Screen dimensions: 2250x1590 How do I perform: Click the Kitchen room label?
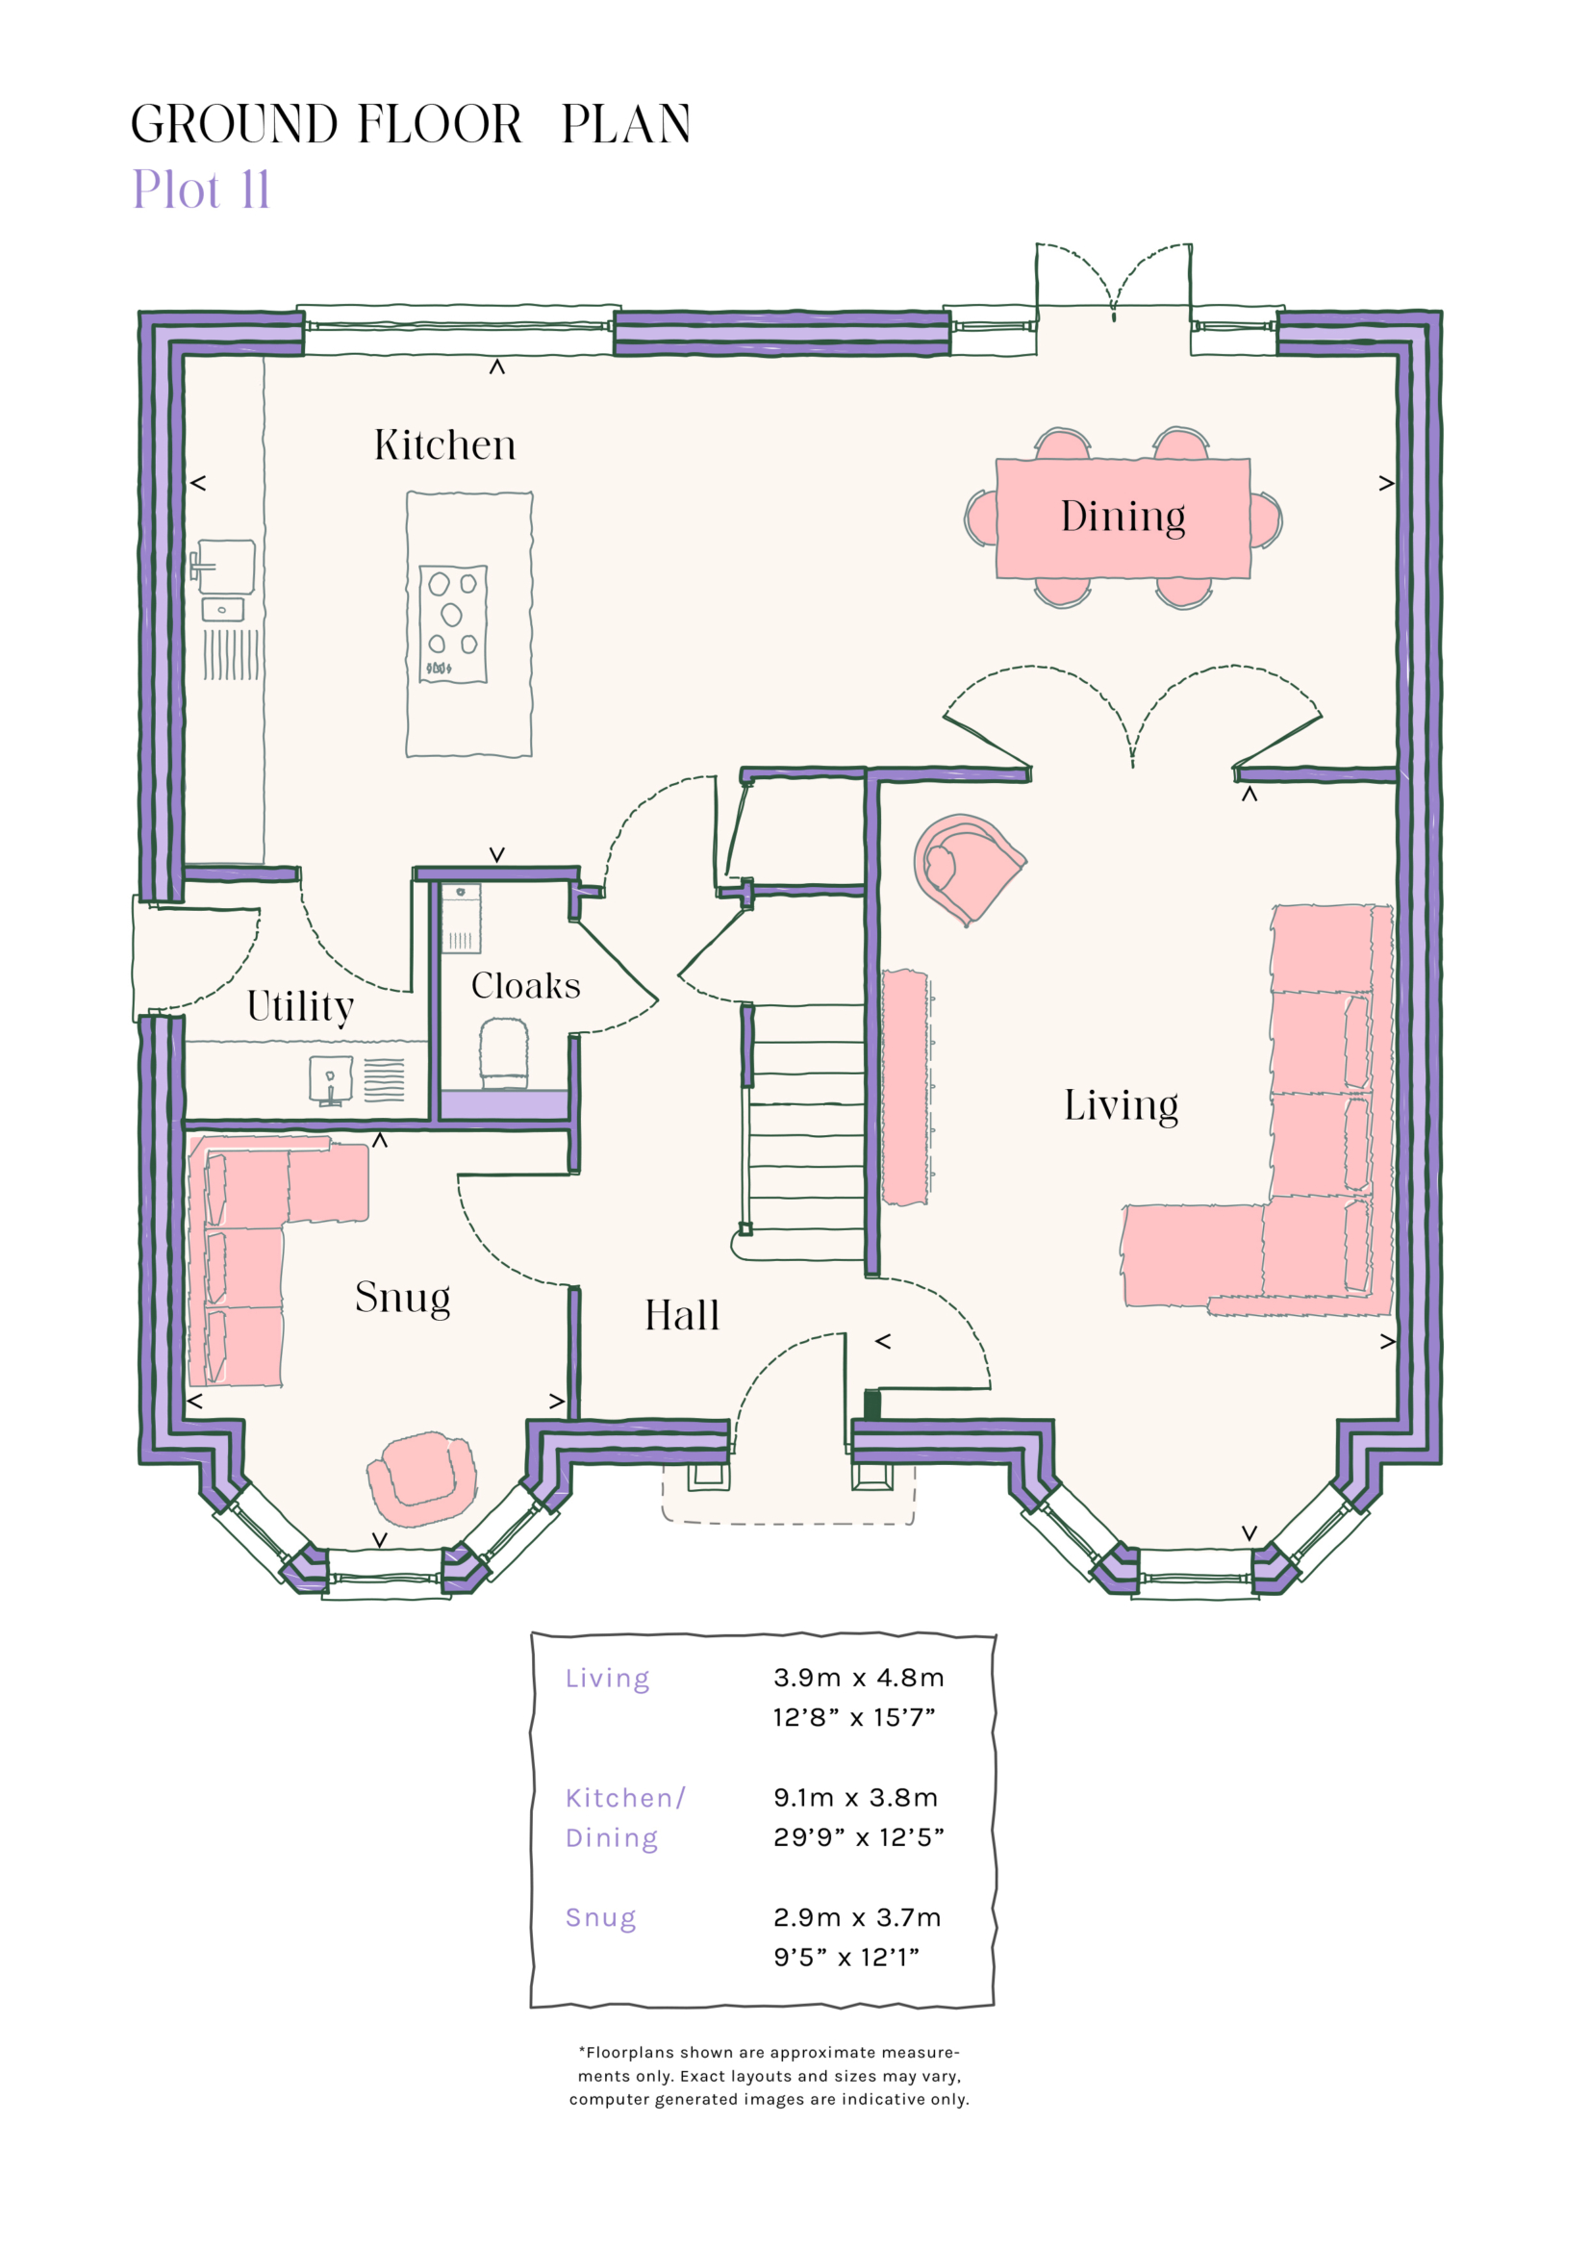(444, 446)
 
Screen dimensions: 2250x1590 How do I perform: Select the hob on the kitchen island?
(453, 623)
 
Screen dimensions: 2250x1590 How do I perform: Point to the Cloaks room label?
(525, 986)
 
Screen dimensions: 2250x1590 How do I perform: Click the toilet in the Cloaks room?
(505, 1051)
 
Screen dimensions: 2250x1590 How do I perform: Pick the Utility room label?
(300, 1006)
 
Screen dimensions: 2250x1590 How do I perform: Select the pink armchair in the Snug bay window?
(422, 1478)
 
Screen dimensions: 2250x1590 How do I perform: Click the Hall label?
(682, 1315)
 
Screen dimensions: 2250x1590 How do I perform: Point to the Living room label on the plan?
(1121, 1105)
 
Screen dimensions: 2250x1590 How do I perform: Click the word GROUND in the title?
(234, 124)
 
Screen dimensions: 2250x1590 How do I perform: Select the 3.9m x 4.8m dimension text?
(858, 1677)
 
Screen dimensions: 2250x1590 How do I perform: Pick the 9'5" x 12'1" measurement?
(845, 1956)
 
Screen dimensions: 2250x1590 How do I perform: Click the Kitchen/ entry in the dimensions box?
(625, 1797)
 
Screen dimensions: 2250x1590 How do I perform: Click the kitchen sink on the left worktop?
(226, 567)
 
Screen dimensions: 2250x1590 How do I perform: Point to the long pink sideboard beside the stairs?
(904, 1087)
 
